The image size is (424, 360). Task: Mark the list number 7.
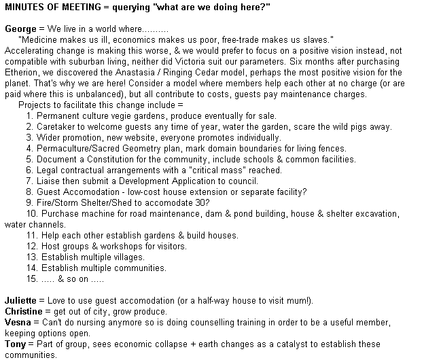pyautogui.click(x=30, y=181)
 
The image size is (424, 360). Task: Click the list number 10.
pyautogui.click(x=32, y=213)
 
